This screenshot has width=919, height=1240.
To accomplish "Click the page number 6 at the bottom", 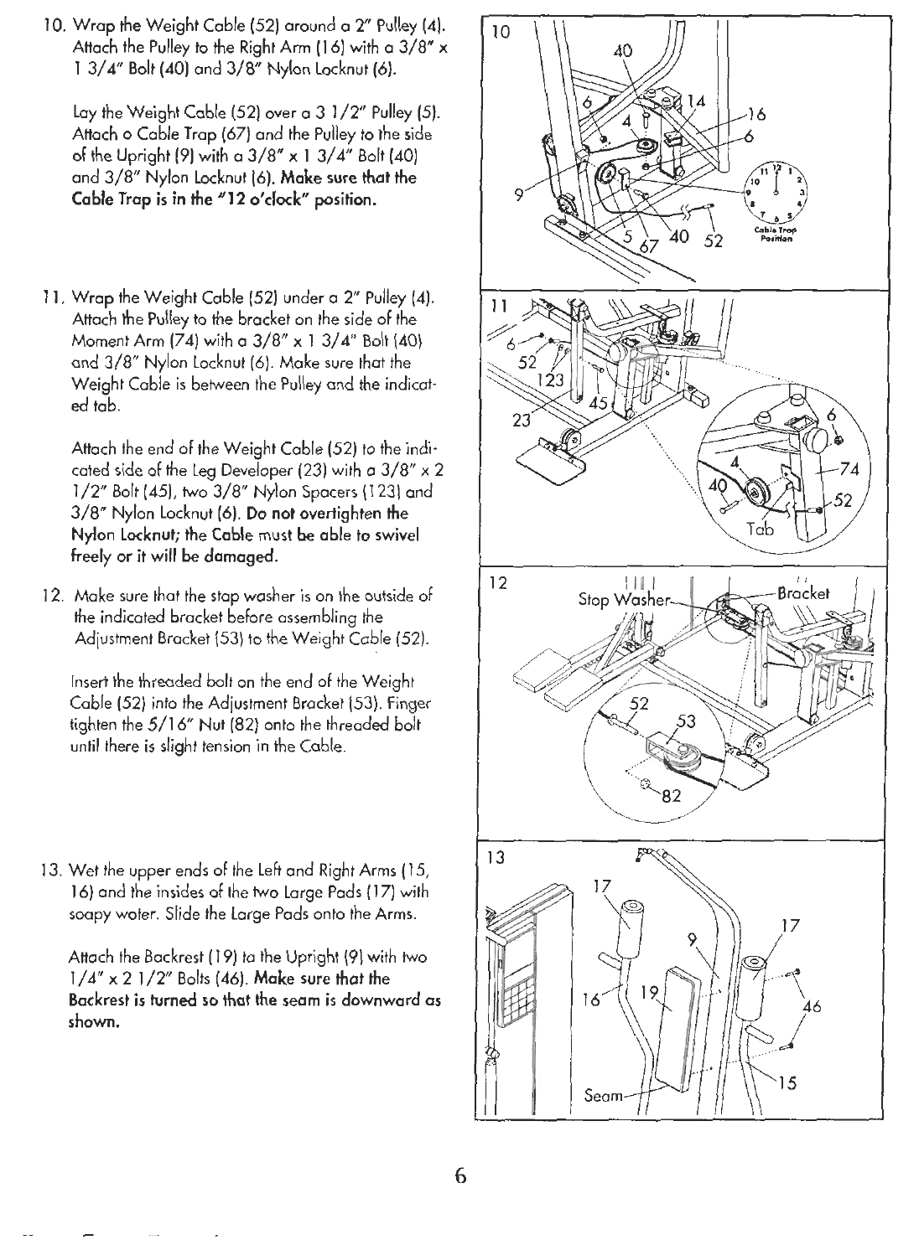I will click(x=459, y=1175).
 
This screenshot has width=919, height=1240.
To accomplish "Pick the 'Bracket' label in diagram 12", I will click(x=802, y=594).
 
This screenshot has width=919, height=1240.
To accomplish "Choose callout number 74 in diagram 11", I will click(x=859, y=468).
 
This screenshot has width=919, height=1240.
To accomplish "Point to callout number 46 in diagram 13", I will click(x=810, y=1006).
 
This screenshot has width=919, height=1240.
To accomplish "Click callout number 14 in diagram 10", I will click(x=696, y=101).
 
